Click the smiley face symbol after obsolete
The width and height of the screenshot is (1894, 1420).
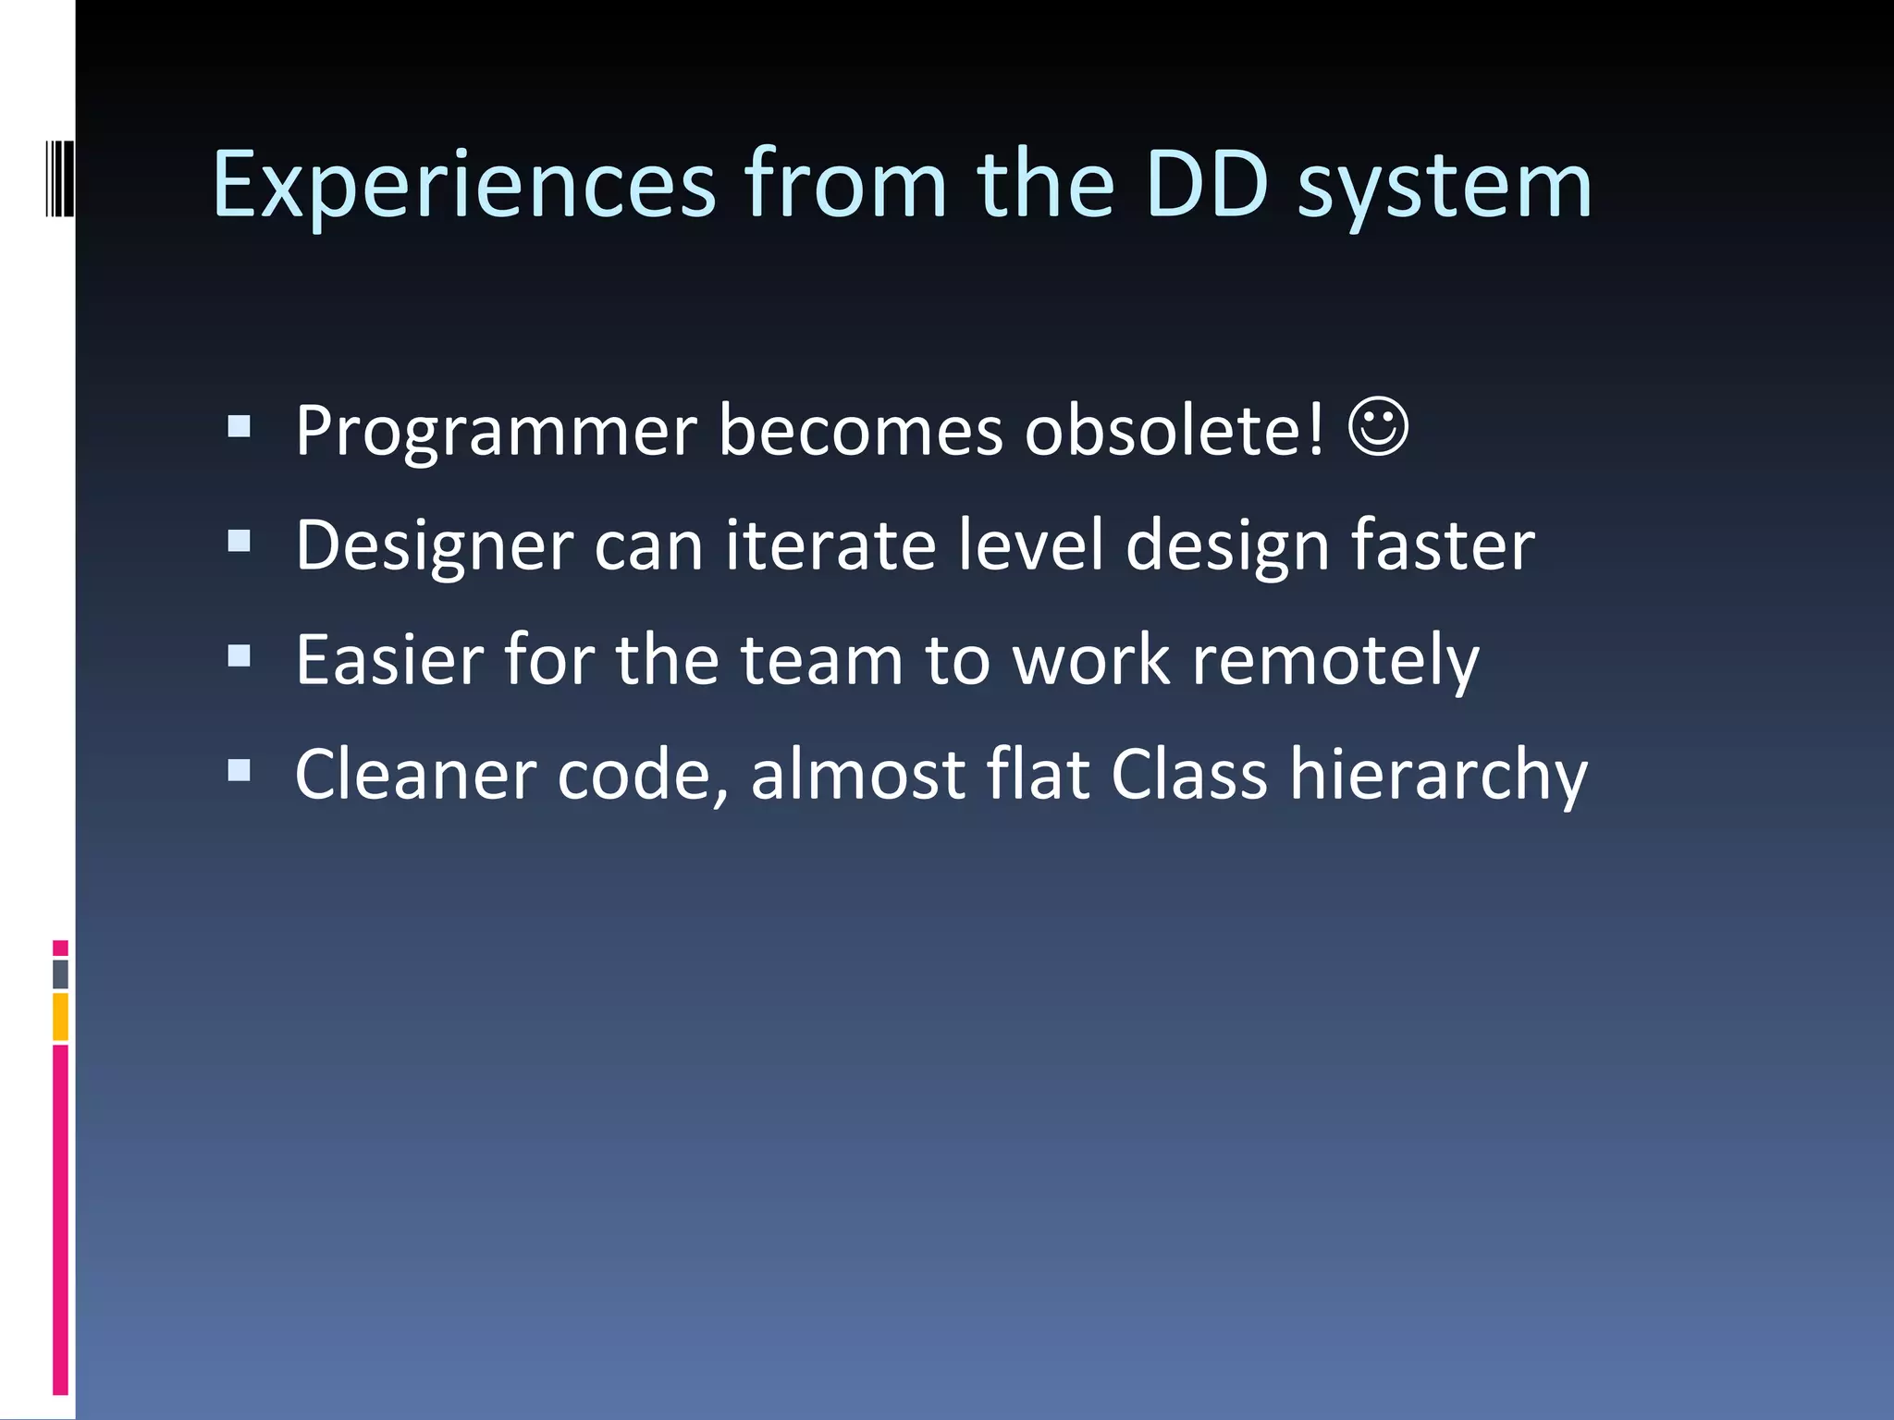point(1378,427)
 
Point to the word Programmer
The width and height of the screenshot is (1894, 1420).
point(496,433)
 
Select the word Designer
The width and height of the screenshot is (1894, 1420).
point(434,547)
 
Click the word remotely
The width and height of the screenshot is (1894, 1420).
point(1335,662)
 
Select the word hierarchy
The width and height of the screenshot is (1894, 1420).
point(1438,777)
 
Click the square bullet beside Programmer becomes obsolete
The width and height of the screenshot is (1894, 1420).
point(239,426)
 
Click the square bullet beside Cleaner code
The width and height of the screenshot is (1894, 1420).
point(239,770)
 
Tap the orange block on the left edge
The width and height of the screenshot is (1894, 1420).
point(60,1017)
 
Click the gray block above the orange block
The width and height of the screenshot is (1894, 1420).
point(60,974)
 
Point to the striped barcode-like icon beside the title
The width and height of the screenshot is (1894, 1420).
point(60,177)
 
